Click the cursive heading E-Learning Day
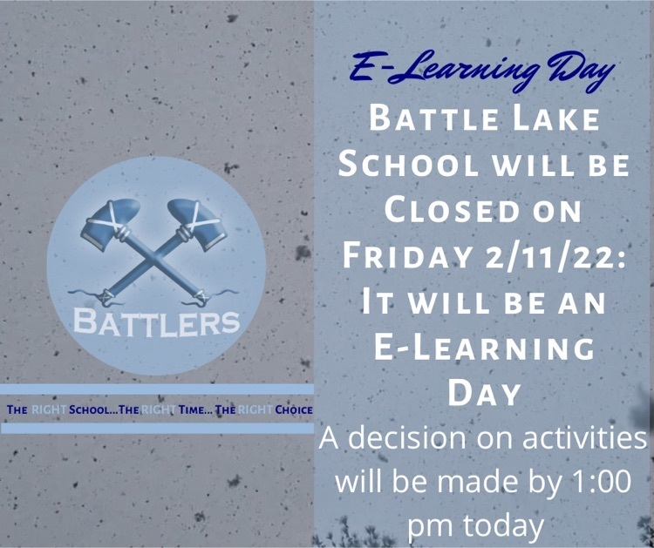point(481,71)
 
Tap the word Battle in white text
point(434,118)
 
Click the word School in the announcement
point(408,164)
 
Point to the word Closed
point(452,210)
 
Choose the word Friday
point(407,255)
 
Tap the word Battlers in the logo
point(157,322)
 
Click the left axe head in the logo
point(110,223)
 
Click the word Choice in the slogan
point(294,409)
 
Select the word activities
point(584,438)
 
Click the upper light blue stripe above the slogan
point(157,389)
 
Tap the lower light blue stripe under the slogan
point(157,429)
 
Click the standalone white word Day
point(484,393)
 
